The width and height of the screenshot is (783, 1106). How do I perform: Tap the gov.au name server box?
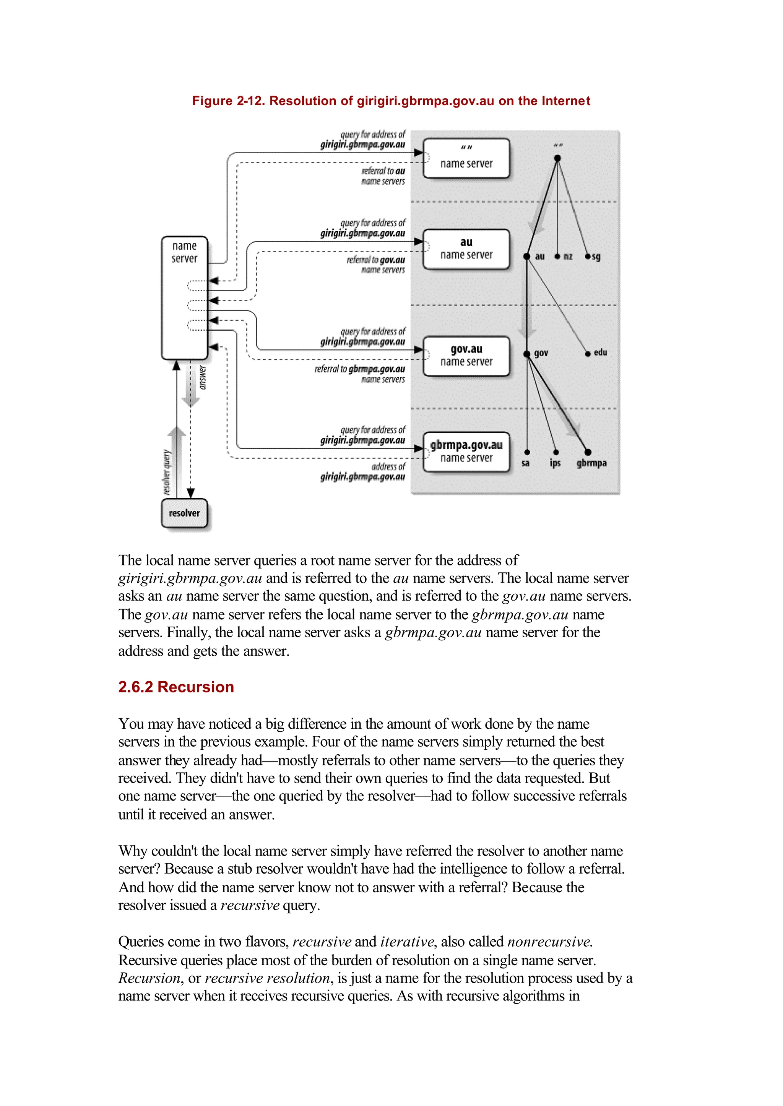click(466, 356)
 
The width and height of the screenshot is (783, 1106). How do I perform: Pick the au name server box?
click(466, 249)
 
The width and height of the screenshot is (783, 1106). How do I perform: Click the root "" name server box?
click(466, 158)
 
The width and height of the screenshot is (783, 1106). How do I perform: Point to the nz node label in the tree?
click(568, 257)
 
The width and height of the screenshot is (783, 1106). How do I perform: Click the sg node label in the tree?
click(596, 257)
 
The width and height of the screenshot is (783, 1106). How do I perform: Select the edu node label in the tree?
click(600, 352)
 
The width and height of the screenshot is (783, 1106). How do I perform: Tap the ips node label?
click(555, 463)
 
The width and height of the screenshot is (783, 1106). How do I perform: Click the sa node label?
click(526, 463)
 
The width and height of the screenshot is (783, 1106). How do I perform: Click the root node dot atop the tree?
click(557, 158)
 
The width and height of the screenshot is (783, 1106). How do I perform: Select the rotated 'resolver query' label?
click(167, 473)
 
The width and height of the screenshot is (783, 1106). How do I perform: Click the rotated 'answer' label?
click(203, 377)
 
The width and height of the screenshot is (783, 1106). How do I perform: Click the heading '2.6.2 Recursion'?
click(176, 687)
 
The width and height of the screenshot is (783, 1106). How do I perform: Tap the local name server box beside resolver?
click(185, 297)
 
